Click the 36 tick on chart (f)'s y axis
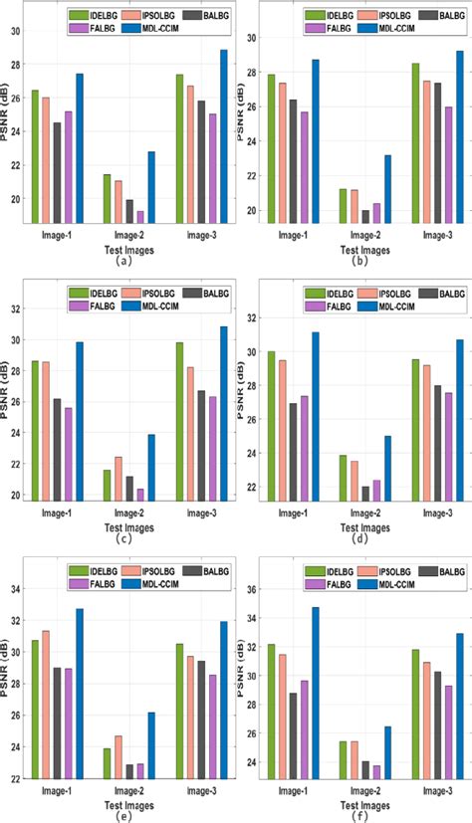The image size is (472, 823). tap(253, 589)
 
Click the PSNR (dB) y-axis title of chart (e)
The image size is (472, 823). tap(7, 686)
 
